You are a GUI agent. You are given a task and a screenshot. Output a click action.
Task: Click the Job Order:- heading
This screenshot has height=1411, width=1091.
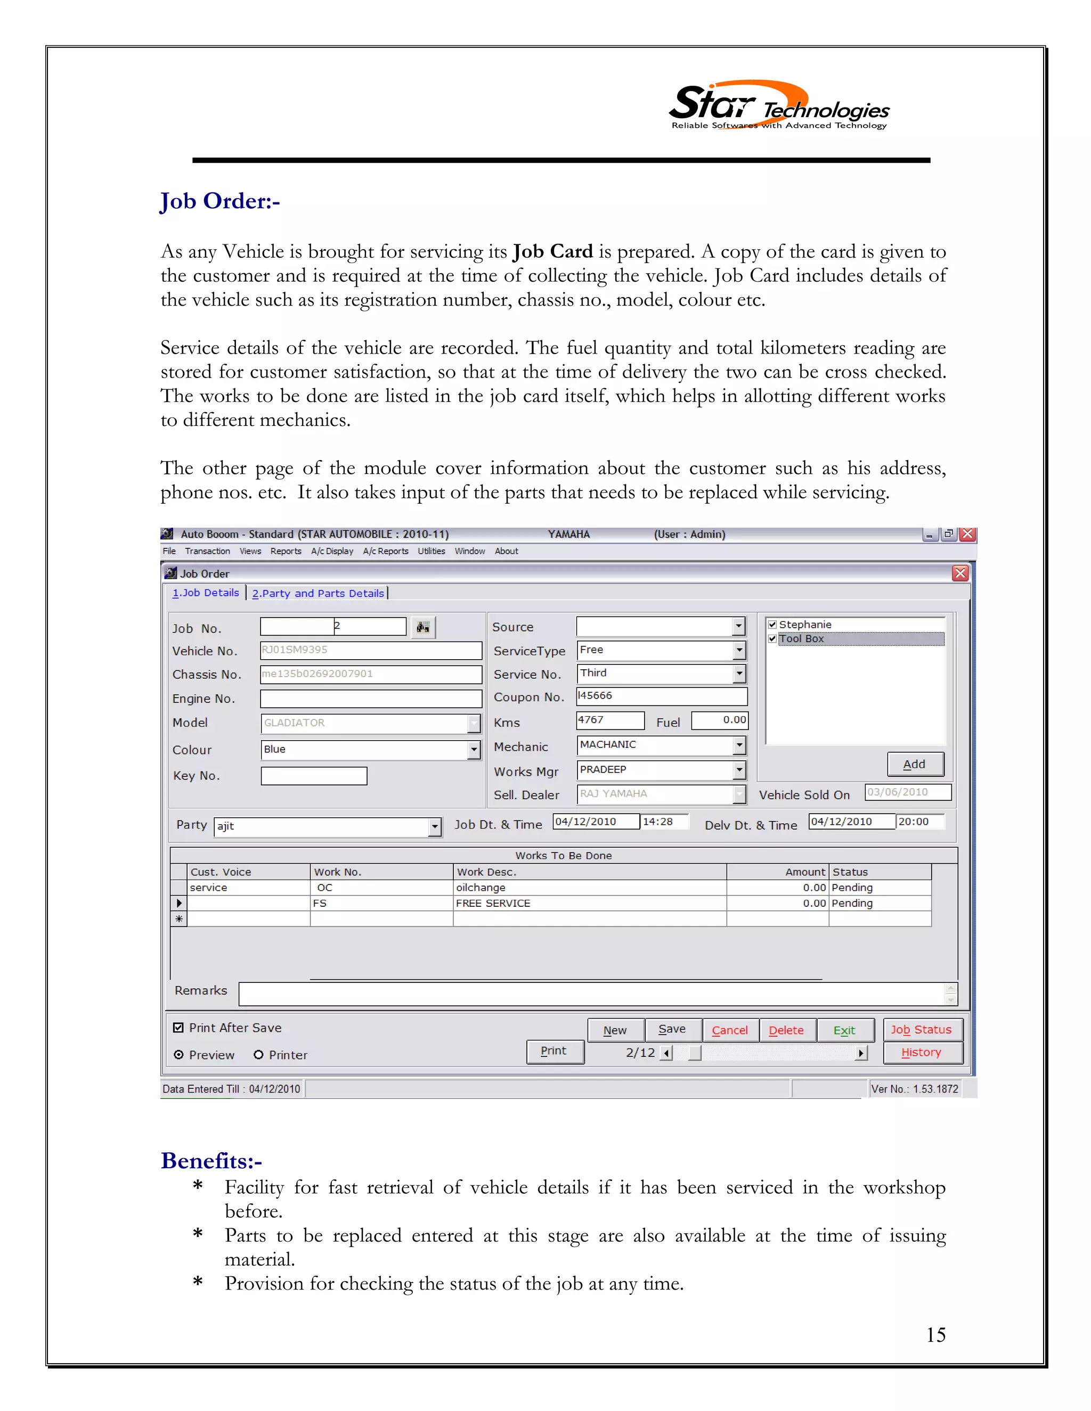220,202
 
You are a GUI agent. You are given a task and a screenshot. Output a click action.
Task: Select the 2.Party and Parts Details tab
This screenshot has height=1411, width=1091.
318,593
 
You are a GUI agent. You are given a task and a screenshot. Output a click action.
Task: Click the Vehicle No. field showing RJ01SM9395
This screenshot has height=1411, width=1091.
370,650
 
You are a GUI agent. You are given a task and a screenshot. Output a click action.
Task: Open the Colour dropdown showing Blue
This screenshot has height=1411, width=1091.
474,750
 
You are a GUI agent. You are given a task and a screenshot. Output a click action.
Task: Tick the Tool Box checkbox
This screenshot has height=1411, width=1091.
772,638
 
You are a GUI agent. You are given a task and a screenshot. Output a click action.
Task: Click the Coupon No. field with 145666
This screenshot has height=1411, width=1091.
661,696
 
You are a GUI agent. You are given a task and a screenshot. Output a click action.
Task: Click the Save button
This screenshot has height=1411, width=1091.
672,1029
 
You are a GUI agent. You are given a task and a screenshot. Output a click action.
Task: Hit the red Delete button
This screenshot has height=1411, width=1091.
786,1030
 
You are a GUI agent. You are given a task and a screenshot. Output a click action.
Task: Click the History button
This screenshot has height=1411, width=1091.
921,1053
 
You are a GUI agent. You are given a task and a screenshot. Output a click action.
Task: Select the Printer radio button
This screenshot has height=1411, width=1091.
258,1055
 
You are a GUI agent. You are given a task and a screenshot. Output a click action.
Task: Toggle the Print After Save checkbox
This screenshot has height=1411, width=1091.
178,1028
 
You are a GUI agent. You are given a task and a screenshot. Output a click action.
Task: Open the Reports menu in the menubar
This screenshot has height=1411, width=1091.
286,551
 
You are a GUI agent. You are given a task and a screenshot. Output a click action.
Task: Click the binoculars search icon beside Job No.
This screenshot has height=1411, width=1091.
422,627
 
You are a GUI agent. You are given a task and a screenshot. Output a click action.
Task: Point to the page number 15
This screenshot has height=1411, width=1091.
935,1335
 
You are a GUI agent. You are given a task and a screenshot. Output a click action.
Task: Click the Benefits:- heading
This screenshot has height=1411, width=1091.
211,1161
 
